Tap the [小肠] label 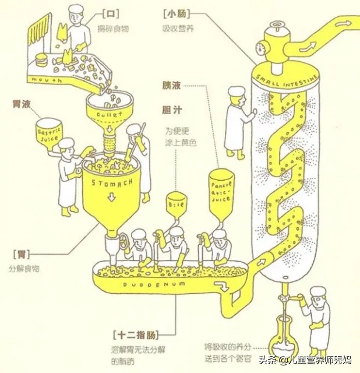(174, 13)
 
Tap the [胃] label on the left (21, 255)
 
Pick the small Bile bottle (177, 205)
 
